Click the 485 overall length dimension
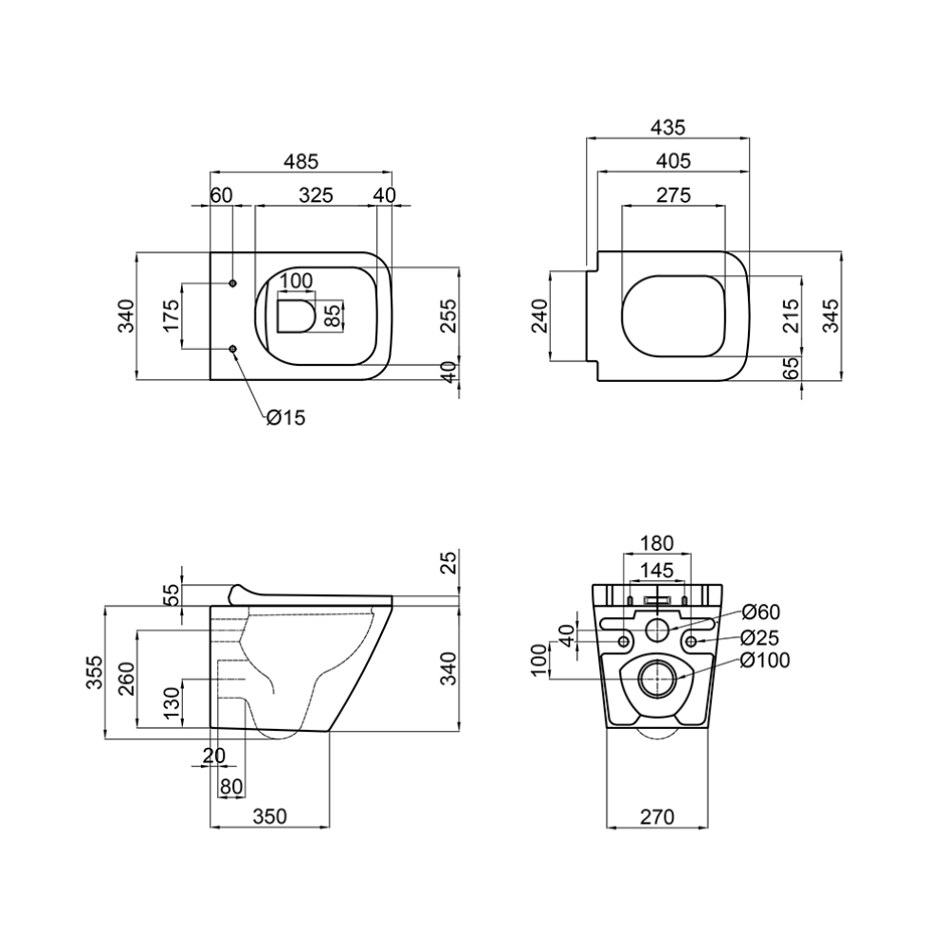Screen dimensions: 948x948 [x=301, y=161]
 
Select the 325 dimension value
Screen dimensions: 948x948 [x=317, y=195]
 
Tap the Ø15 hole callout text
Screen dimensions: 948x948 [x=285, y=417]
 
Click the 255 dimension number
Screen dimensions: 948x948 [x=448, y=315]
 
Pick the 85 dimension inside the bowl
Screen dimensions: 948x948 [x=332, y=315]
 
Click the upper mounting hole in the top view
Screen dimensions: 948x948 [x=233, y=283]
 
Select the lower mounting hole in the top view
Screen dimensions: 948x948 [x=233, y=349]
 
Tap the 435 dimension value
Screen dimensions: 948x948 [x=668, y=128]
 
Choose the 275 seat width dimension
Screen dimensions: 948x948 [x=673, y=195]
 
